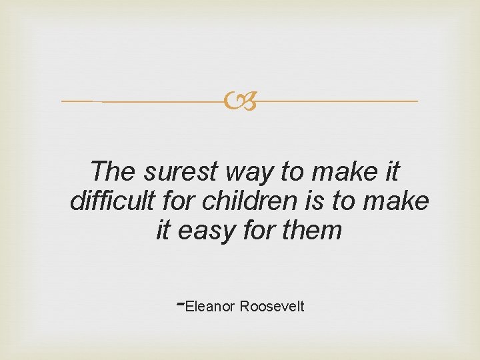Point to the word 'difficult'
[112, 201]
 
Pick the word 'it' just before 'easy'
[163, 231]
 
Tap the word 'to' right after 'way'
[292, 172]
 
